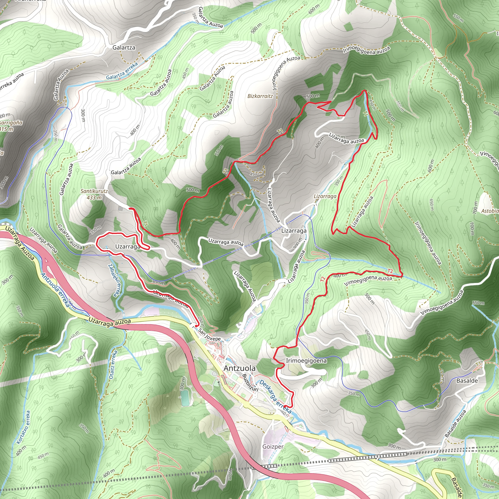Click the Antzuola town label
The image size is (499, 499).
point(240,368)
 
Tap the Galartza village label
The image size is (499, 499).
point(124,48)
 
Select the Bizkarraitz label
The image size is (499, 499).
point(260,96)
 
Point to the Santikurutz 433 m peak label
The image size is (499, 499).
point(94,194)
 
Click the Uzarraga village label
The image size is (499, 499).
point(128,246)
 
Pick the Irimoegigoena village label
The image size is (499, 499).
point(306,361)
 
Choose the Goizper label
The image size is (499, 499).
point(273,446)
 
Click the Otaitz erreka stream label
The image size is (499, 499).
point(113,365)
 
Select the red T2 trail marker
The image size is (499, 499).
point(390,271)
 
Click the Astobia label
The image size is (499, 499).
point(490,211)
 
